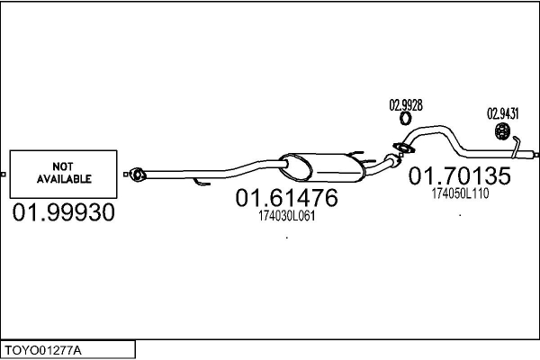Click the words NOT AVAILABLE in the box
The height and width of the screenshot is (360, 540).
tap(64, 173)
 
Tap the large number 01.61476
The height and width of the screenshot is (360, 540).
tap(286, 197)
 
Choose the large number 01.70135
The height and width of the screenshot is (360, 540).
tap(460, 177)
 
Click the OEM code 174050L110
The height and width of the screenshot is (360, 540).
tap(460, 193)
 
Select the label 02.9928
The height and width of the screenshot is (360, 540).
tap(405, 104)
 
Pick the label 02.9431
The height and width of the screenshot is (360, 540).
tap(503, 114)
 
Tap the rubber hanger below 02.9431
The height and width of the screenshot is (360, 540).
tap(503, 134)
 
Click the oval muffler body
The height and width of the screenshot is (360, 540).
tap(319, 166)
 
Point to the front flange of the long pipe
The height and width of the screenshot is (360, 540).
tap(136, 172)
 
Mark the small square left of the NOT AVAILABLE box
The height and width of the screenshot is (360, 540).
tap(4, 173)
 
